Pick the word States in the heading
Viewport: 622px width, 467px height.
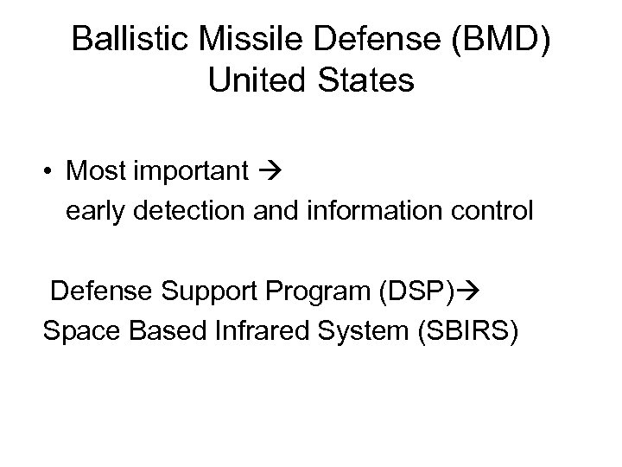coord(365,81)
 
